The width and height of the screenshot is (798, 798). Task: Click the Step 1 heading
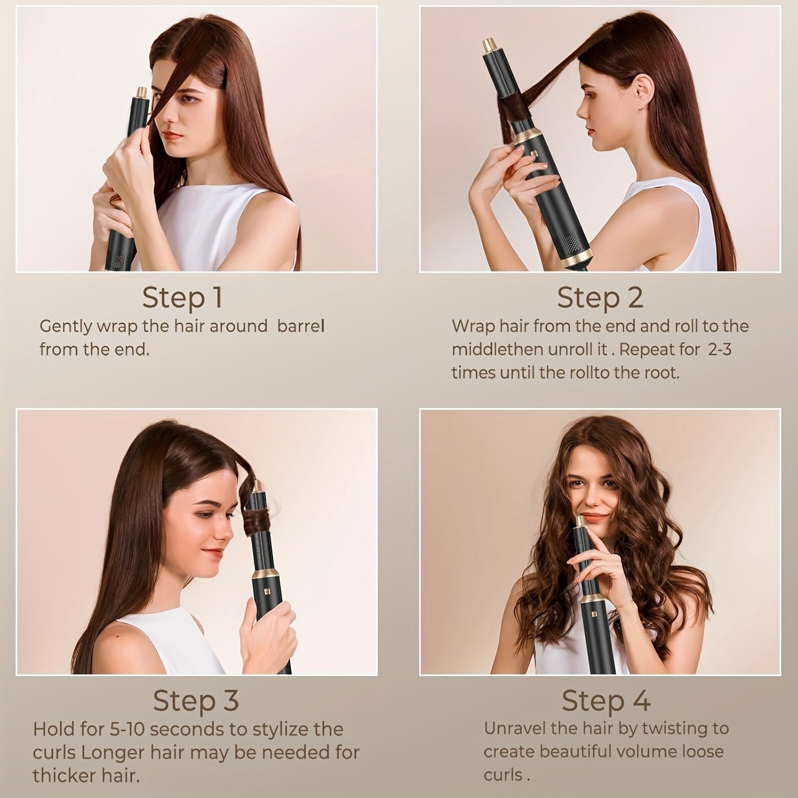click(182, 298)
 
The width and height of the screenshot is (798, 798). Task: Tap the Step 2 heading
click(600, 298)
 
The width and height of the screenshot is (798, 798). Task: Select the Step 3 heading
click(195, 701)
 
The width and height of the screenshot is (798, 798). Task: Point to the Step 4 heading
click(606, 701)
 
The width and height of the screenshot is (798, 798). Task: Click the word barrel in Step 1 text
click(300, 326)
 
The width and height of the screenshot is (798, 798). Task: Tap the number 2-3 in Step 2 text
click(719, 350)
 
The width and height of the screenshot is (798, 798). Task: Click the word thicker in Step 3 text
click(58, 775)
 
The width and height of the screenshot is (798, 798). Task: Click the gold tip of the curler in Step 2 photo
click(489, 44)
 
